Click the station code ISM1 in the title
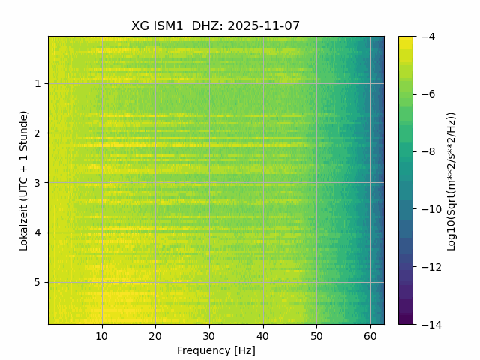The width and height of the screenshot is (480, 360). (169, 26)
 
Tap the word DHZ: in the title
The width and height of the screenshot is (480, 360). (206, 26)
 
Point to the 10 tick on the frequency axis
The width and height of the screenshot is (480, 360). (102, 336)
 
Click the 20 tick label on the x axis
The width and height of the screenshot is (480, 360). (155, 336)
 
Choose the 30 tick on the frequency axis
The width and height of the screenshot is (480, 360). (209, 336)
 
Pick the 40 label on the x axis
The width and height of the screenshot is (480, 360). (262, 336)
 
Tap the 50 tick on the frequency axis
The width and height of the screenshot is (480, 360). (316, 336)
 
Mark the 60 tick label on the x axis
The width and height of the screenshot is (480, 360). (370, 336)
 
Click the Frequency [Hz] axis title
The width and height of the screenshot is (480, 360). (216, 350)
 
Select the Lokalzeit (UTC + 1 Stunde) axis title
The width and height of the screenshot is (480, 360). (24, 180)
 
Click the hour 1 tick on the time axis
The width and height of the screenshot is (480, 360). (37, 83)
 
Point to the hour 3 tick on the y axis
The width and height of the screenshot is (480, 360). (37, 182)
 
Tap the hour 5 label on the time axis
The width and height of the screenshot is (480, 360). (37, 282)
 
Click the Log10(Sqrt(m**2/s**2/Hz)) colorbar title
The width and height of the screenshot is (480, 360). (451, 180)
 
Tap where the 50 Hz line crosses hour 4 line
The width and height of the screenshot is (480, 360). (316, 232)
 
